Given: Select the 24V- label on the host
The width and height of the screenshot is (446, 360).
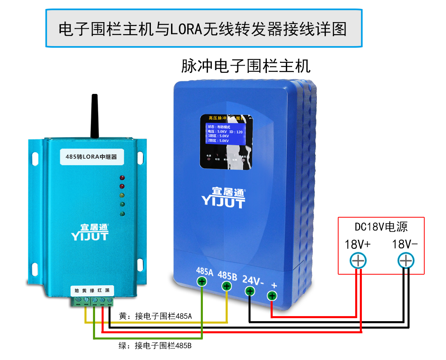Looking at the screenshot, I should click(x=253, y=279).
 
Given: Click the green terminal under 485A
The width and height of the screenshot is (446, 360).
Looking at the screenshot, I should click(x=202, y=282).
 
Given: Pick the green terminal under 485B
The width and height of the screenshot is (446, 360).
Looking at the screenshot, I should click(x=226, y=286).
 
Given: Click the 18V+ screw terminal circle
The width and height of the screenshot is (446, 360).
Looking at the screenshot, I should click(x=358, y=261).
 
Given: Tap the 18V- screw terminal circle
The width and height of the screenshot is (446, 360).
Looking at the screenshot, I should click(x=406, y=261).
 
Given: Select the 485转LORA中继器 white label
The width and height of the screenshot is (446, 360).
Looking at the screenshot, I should click(x=92, y=157).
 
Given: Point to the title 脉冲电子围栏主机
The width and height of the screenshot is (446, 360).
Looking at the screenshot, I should click(x=246, y=66).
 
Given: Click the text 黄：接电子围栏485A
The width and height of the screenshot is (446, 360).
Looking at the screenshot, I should click(x=155, y=316).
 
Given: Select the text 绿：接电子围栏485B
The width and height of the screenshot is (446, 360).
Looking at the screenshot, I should click(x=155, y=345).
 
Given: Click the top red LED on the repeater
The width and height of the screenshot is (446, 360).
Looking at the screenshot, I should click(x=122, y=178).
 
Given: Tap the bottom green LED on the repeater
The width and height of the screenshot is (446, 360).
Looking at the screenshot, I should click(x=122, y=213).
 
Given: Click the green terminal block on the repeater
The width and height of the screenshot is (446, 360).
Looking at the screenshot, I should click(x=92, y=301).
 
